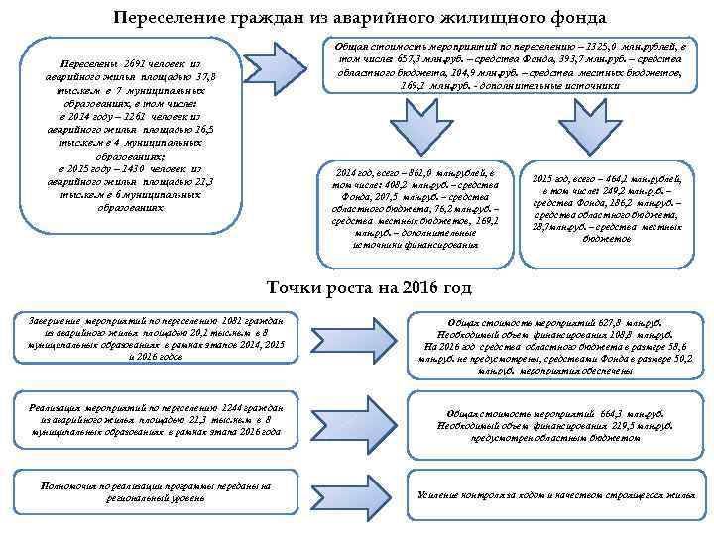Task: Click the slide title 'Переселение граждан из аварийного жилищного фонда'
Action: [358, 17]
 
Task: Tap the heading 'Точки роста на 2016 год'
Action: [370, 288]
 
